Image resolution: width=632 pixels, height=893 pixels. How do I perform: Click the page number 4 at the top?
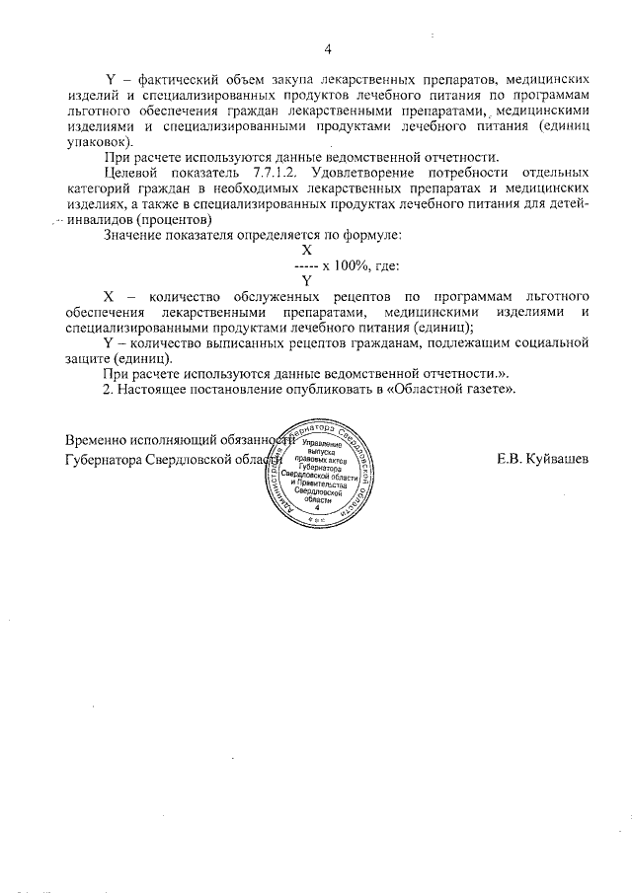point(327,51)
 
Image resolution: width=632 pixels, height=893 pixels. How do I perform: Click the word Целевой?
point(134,175)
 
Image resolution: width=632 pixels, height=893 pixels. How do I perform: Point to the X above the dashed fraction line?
point(307,251)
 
